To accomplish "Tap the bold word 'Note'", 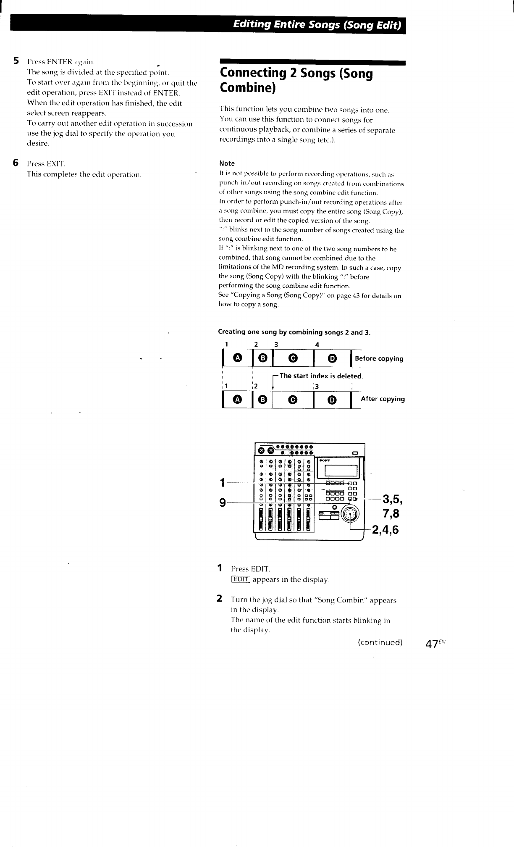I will [227, 163].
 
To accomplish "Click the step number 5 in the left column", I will [16, 61].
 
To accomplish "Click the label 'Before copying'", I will [379, 359].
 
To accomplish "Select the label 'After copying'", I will [383, 399].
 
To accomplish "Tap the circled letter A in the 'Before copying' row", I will [238, 358].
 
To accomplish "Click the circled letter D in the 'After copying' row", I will [332, 400].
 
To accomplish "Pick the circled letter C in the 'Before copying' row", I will [293, 358].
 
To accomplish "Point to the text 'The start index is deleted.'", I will [321, 376].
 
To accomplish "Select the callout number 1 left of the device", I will [223, 483].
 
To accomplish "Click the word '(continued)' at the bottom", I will [380, 642].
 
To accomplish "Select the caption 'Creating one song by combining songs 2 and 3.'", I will [294, 332].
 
